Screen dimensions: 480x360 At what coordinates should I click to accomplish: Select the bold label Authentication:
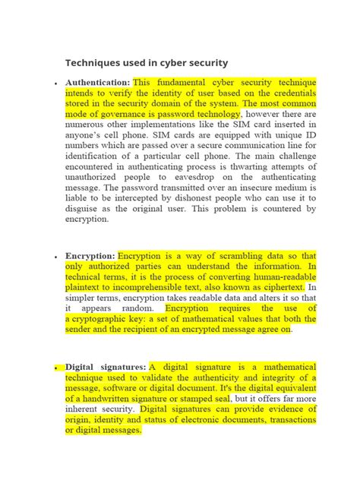[98, 81]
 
